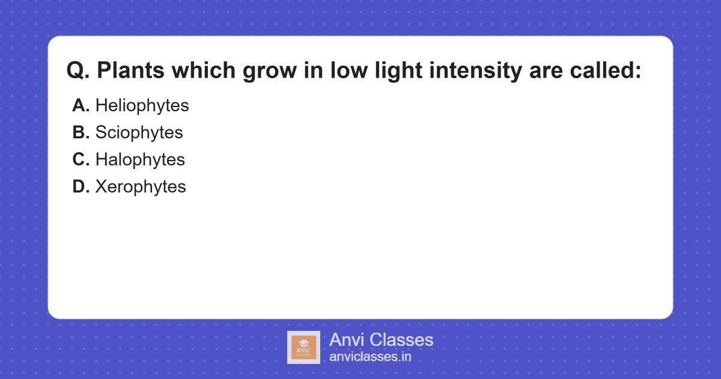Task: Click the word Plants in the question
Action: pos(130,71)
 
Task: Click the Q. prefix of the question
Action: pos(78,71)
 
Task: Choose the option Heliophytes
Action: pos(142,106)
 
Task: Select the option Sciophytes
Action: pos(139,132)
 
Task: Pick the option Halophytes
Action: pos(140,159)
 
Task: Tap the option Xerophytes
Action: pos(141,186)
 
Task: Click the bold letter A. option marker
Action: pos(81,106)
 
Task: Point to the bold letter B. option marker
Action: pos(81,132)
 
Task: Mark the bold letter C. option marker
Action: pos(81,159)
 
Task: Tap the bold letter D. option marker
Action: pos(81,186)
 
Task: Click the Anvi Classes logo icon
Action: pos(303,347)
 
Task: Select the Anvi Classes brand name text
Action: pos(381,340)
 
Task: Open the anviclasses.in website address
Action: pos(370,357)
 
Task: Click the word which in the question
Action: pos(204,71)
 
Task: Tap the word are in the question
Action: pos(544,71)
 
